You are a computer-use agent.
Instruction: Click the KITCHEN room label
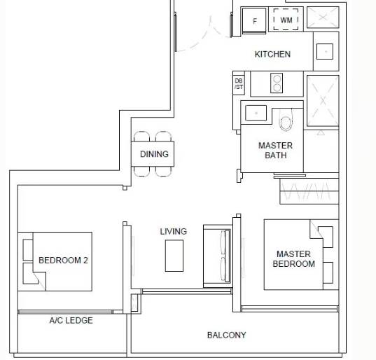[272, 54]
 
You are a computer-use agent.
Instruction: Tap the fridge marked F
[254, 20]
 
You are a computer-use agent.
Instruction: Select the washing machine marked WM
[286, 20]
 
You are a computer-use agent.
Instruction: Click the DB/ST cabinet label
[239, 84]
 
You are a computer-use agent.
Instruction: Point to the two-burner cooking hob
[277, 83]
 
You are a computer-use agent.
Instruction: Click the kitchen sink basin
[325, 51]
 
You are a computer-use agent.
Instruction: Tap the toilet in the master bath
[286, 120]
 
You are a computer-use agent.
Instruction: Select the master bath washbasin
[256, 113]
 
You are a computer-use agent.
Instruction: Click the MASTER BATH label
[276, 151]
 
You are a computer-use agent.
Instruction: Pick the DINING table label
[154, 154]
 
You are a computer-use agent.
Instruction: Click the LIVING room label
[174, 231]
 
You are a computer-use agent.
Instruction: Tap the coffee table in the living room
[174, 256]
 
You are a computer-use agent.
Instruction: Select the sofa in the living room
[218, 256]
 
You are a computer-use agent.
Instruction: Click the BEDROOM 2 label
[63, 261]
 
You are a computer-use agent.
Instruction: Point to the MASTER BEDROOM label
[294, 258]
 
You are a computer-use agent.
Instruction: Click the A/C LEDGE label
[71, 320]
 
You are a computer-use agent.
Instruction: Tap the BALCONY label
[227, 335]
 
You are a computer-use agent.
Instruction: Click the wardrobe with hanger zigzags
[309, 191]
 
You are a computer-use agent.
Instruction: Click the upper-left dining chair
[141, 137]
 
